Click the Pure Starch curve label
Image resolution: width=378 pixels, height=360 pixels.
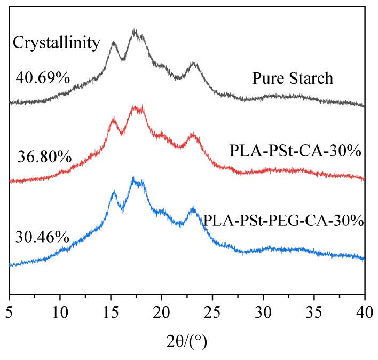pos(293,79)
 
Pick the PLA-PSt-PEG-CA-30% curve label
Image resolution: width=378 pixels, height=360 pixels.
pos(283,220)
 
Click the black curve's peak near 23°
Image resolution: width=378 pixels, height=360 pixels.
pos(193,64)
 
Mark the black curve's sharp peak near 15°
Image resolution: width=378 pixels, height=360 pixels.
pos(113,42)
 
